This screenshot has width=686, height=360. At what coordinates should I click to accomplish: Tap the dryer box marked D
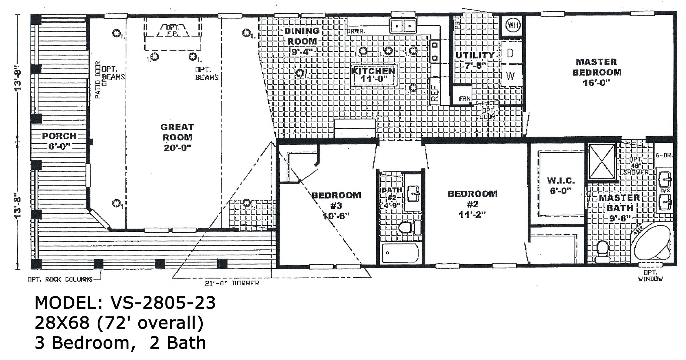pyautogui.click(x=510, y=54)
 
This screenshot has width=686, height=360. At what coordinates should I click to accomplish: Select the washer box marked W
pyautogui.click(x=510, y=76)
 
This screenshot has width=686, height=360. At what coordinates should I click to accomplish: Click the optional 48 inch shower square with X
pyautogui.click(x=602, y=162)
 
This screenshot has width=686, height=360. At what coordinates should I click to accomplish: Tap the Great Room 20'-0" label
pyautogui.click(x=177, y=137)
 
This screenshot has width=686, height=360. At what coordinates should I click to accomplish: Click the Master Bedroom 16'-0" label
pyautogui.click(x=597, y=72)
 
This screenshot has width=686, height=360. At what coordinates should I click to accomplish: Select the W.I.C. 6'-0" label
pyautogui.click(x=561, y=185)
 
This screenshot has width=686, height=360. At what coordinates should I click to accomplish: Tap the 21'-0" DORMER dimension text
pyautogui.click(x=232, y=283)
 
